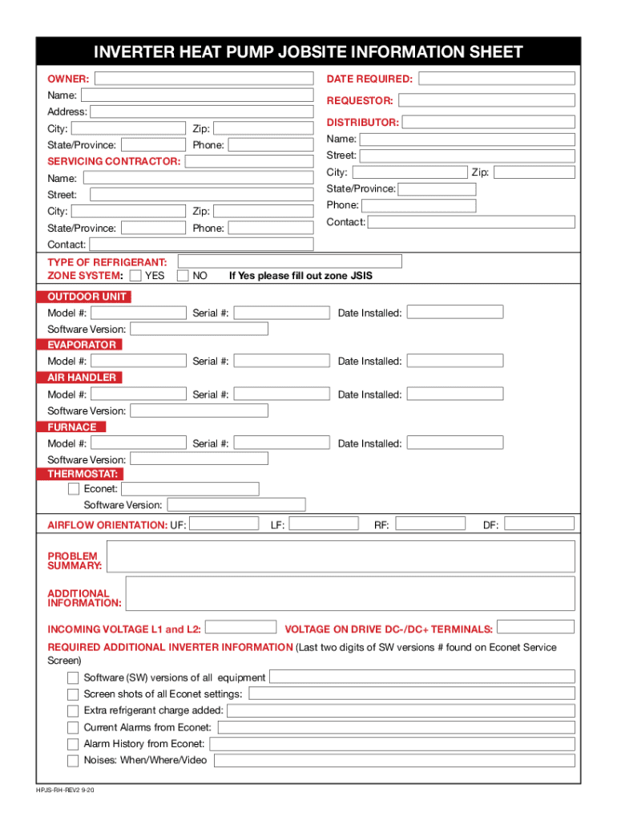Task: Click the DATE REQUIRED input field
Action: [x=497, y=79]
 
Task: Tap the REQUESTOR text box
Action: [x=486, y=100]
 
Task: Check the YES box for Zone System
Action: [x=135, y=276]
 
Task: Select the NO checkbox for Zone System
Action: [x=183, y=276]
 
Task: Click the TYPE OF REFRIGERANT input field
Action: [x=289, y=261]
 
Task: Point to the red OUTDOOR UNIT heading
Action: [x=83, y=297]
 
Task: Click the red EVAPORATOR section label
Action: [x=81, y=345]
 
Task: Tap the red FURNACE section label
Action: [x=72, y=427]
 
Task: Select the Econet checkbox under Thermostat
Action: [x=74, y=488]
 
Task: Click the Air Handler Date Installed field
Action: [x=454, y=394]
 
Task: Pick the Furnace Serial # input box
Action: [x=281, y=443]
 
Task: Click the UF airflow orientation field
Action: [x=224, y=524]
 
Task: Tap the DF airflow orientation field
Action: [x=539, y=524]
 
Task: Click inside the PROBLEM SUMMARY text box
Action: [x=341, y=556]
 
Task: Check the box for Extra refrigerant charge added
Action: [x=73, y=710]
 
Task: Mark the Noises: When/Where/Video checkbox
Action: [x=73, y=760]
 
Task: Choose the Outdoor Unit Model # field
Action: [x=138, y=312]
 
